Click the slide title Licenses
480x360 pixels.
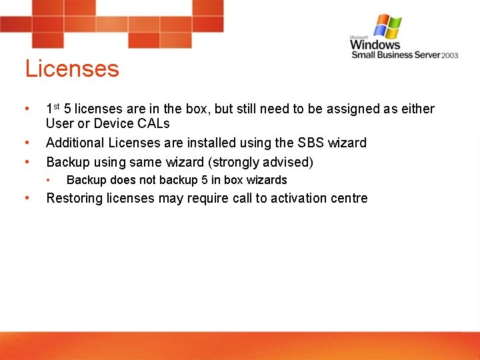(72, 69)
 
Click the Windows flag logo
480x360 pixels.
(387, 27)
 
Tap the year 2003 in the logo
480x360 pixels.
(449, 55)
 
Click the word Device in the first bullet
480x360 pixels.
(112, 123)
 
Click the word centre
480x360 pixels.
(349, 198)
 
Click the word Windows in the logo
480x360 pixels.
(375, 45)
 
